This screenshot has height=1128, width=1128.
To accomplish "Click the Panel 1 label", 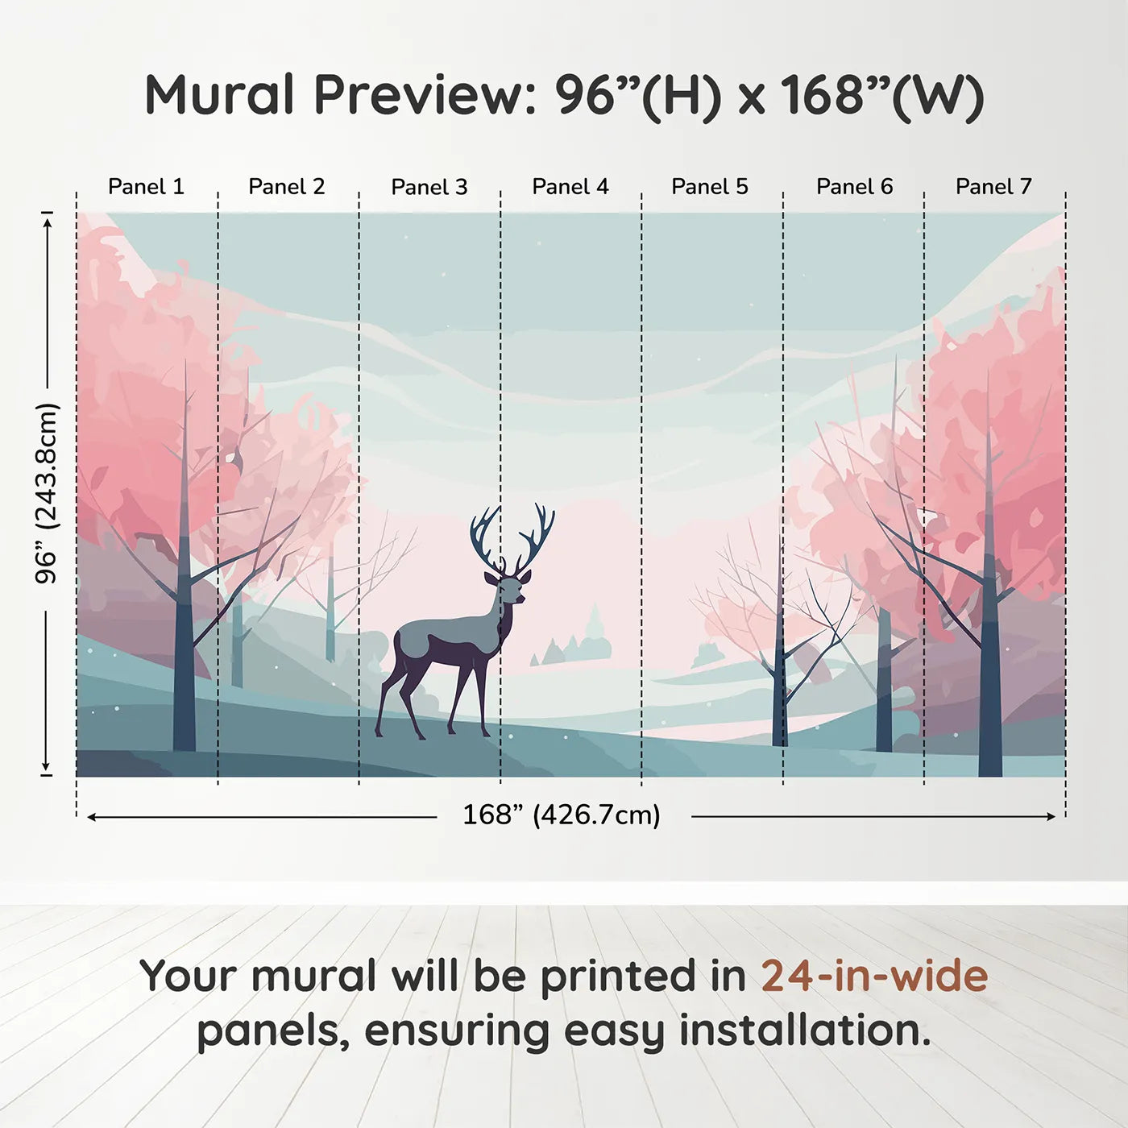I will point(146,187).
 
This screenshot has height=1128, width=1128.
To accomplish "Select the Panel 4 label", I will point(570,187).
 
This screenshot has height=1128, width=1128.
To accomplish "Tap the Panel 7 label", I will point(993,187).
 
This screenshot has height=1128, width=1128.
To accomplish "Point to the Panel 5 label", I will point(710,187).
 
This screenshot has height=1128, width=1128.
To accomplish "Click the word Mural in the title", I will point(219,95).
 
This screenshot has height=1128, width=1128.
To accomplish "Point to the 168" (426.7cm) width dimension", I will point(562,815).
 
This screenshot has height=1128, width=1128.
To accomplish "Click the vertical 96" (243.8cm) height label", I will point(47,493).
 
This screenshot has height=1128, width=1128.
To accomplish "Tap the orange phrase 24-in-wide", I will point(874,977).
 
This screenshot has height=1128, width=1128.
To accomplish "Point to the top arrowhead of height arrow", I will point(48,220).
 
